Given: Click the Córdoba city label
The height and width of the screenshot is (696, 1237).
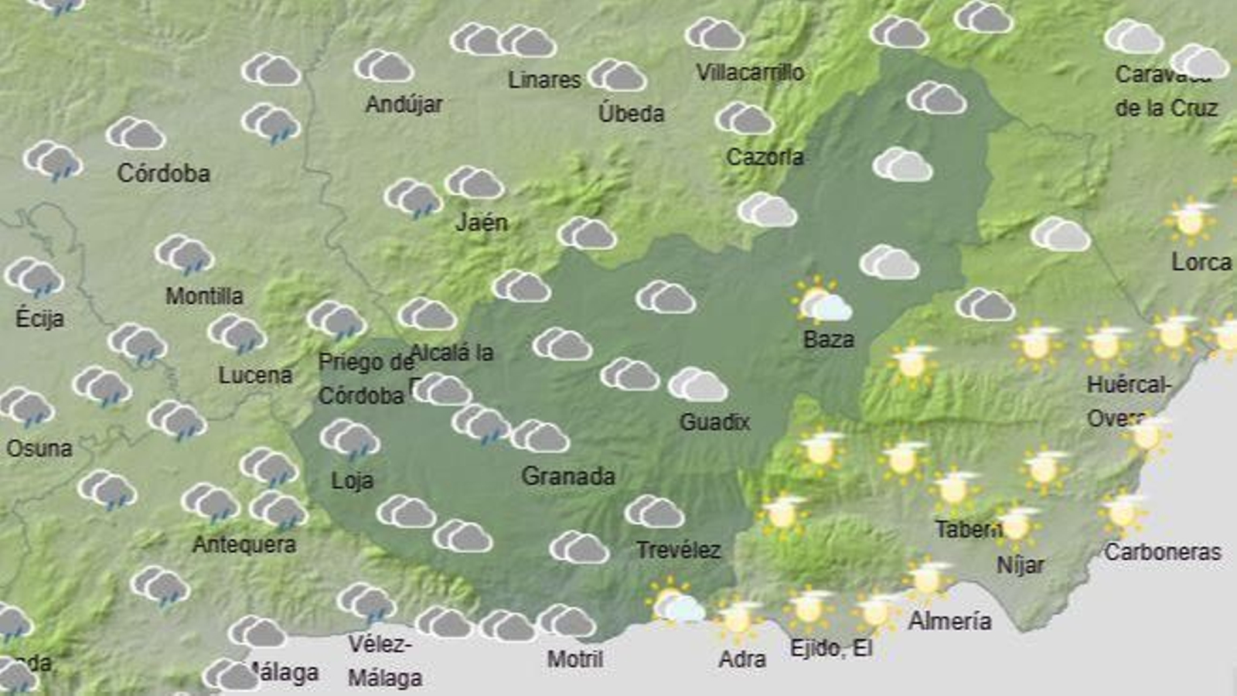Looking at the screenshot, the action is point(163,172).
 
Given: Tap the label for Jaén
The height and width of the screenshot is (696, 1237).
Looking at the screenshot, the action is point(482,223).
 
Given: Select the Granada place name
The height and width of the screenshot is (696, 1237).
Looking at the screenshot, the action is point(568,476).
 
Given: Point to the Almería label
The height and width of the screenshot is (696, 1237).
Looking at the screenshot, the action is point(949,620).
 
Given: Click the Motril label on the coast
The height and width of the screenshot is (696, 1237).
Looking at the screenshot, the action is point(574,659).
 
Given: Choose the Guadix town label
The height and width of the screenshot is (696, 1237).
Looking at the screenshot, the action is point(714,421).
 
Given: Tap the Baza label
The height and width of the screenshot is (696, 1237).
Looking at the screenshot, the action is point(829,339).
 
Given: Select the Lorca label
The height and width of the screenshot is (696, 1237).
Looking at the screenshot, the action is point(1201,262).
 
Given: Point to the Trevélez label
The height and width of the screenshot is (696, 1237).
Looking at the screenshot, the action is point(678,550).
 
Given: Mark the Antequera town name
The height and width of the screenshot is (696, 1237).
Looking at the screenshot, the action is point(244,544).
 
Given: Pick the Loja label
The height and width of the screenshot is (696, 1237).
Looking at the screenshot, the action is point(352,480).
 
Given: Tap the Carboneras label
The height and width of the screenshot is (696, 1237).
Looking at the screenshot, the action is point(1162,551).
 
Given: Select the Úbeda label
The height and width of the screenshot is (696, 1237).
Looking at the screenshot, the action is point(631,113).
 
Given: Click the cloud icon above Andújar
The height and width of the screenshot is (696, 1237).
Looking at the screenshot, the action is point(384,67).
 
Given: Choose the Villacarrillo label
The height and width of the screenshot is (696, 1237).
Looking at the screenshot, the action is point(750,72).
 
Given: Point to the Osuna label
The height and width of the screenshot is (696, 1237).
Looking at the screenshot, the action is point(39,448).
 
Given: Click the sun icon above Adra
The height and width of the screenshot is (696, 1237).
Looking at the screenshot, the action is point(738,619).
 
